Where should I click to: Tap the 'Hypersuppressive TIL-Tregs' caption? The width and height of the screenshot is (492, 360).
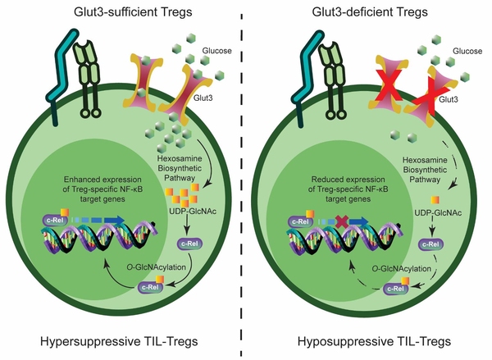123,339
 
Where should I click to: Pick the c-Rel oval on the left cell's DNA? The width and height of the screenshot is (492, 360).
57,219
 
